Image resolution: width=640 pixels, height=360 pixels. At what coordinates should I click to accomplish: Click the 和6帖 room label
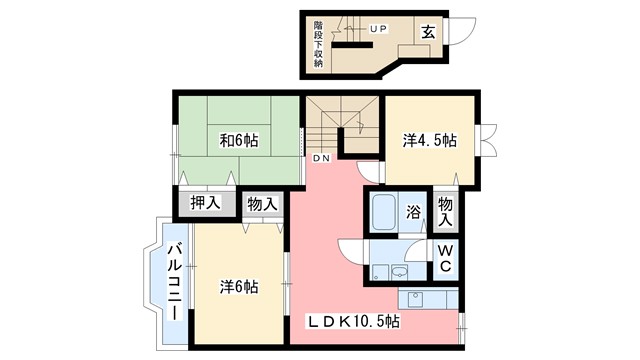[x=237, y=140]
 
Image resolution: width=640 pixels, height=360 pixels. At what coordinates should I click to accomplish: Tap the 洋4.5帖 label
[x=431, y=140]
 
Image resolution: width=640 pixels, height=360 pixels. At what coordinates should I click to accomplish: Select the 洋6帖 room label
[x=239, y=287]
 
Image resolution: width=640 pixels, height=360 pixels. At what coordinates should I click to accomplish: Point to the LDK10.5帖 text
[x=353, y=322]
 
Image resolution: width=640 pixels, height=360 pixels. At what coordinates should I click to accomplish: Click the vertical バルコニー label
[x=172, y=281]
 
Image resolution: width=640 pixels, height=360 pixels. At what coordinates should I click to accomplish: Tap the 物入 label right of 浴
[x=446, y=212]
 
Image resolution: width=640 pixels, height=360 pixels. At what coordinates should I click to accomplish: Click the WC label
[x=445, y=258]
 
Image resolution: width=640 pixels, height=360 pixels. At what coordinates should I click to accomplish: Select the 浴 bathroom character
[x=413, y=212]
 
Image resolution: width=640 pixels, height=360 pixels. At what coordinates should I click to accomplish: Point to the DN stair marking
[x=321, y=158]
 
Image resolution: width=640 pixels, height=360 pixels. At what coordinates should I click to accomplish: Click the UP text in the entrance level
[x=378, y=28]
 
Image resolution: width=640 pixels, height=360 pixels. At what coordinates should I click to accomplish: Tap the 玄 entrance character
[x=427, y=30]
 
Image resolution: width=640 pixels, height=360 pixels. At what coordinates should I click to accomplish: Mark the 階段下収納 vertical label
[x=318, y=42]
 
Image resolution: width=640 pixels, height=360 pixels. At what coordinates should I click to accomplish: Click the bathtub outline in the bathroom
[x=385, y=213]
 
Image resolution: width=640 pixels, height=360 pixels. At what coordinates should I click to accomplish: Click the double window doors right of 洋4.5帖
[x=490, y=140]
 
